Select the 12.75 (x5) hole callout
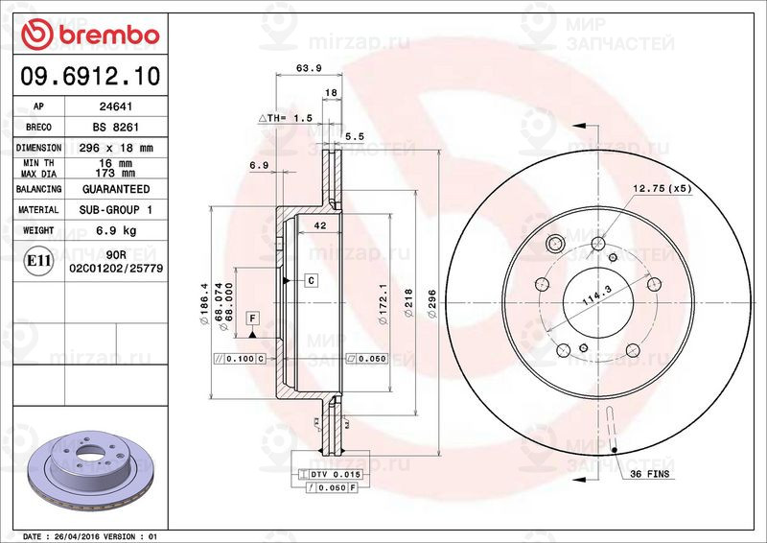tap(662, 187)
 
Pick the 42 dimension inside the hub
tap(320, 224)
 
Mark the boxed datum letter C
tap(312, 280)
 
